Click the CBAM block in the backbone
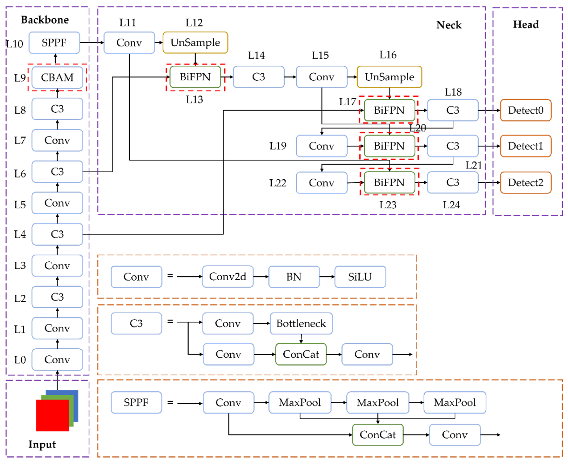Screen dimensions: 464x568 (57, 77)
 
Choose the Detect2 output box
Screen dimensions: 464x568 (526, 182)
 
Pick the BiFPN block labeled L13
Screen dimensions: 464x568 (195, 77)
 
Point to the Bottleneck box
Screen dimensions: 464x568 (301, 323)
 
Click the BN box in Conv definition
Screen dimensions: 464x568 (294, 277)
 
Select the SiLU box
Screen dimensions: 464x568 (360, 277)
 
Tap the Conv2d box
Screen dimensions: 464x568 (228, 277)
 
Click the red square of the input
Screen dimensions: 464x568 (52, 416)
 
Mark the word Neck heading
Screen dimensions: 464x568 (449, 25)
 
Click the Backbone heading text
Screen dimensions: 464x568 (45, 20)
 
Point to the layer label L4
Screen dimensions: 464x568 (20, 234)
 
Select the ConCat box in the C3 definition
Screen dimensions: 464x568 (301, 354)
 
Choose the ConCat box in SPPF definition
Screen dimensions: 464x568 (378, 435)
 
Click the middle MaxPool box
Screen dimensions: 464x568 (378, 402)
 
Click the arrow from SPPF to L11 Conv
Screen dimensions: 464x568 (92, 42)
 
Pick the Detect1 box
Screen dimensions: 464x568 (526, 146)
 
